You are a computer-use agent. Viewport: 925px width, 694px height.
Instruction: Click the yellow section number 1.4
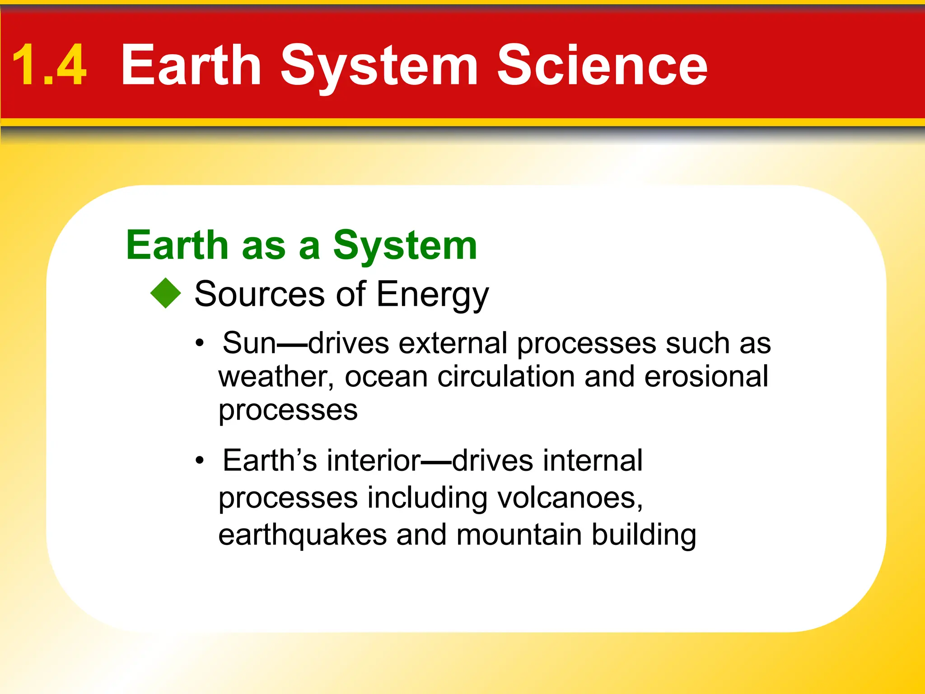click(x=49, y=66)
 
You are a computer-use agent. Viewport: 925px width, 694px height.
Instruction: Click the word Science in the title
click(x=602, y=66)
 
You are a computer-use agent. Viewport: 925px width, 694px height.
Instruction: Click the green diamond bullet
click(x=166, y=293)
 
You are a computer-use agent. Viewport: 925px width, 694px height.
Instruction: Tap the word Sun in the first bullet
click(x=249, y=343)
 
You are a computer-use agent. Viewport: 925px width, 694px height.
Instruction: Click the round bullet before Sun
click(x=200, y=344)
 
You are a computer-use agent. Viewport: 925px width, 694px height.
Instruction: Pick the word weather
click(x=276, y=377)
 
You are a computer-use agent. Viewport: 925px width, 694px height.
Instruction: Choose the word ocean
click(x=386, y=377)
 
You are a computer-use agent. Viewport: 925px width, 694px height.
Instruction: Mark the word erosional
click(x=706, y=376)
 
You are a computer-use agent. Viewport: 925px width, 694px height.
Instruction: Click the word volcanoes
click(x=570, y=498)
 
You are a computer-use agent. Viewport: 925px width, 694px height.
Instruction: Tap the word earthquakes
click(x=302, y=535)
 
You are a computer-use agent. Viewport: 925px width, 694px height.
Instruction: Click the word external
click(x=453, y=343)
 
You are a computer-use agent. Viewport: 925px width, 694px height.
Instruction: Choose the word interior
click(x=374, y=460)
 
